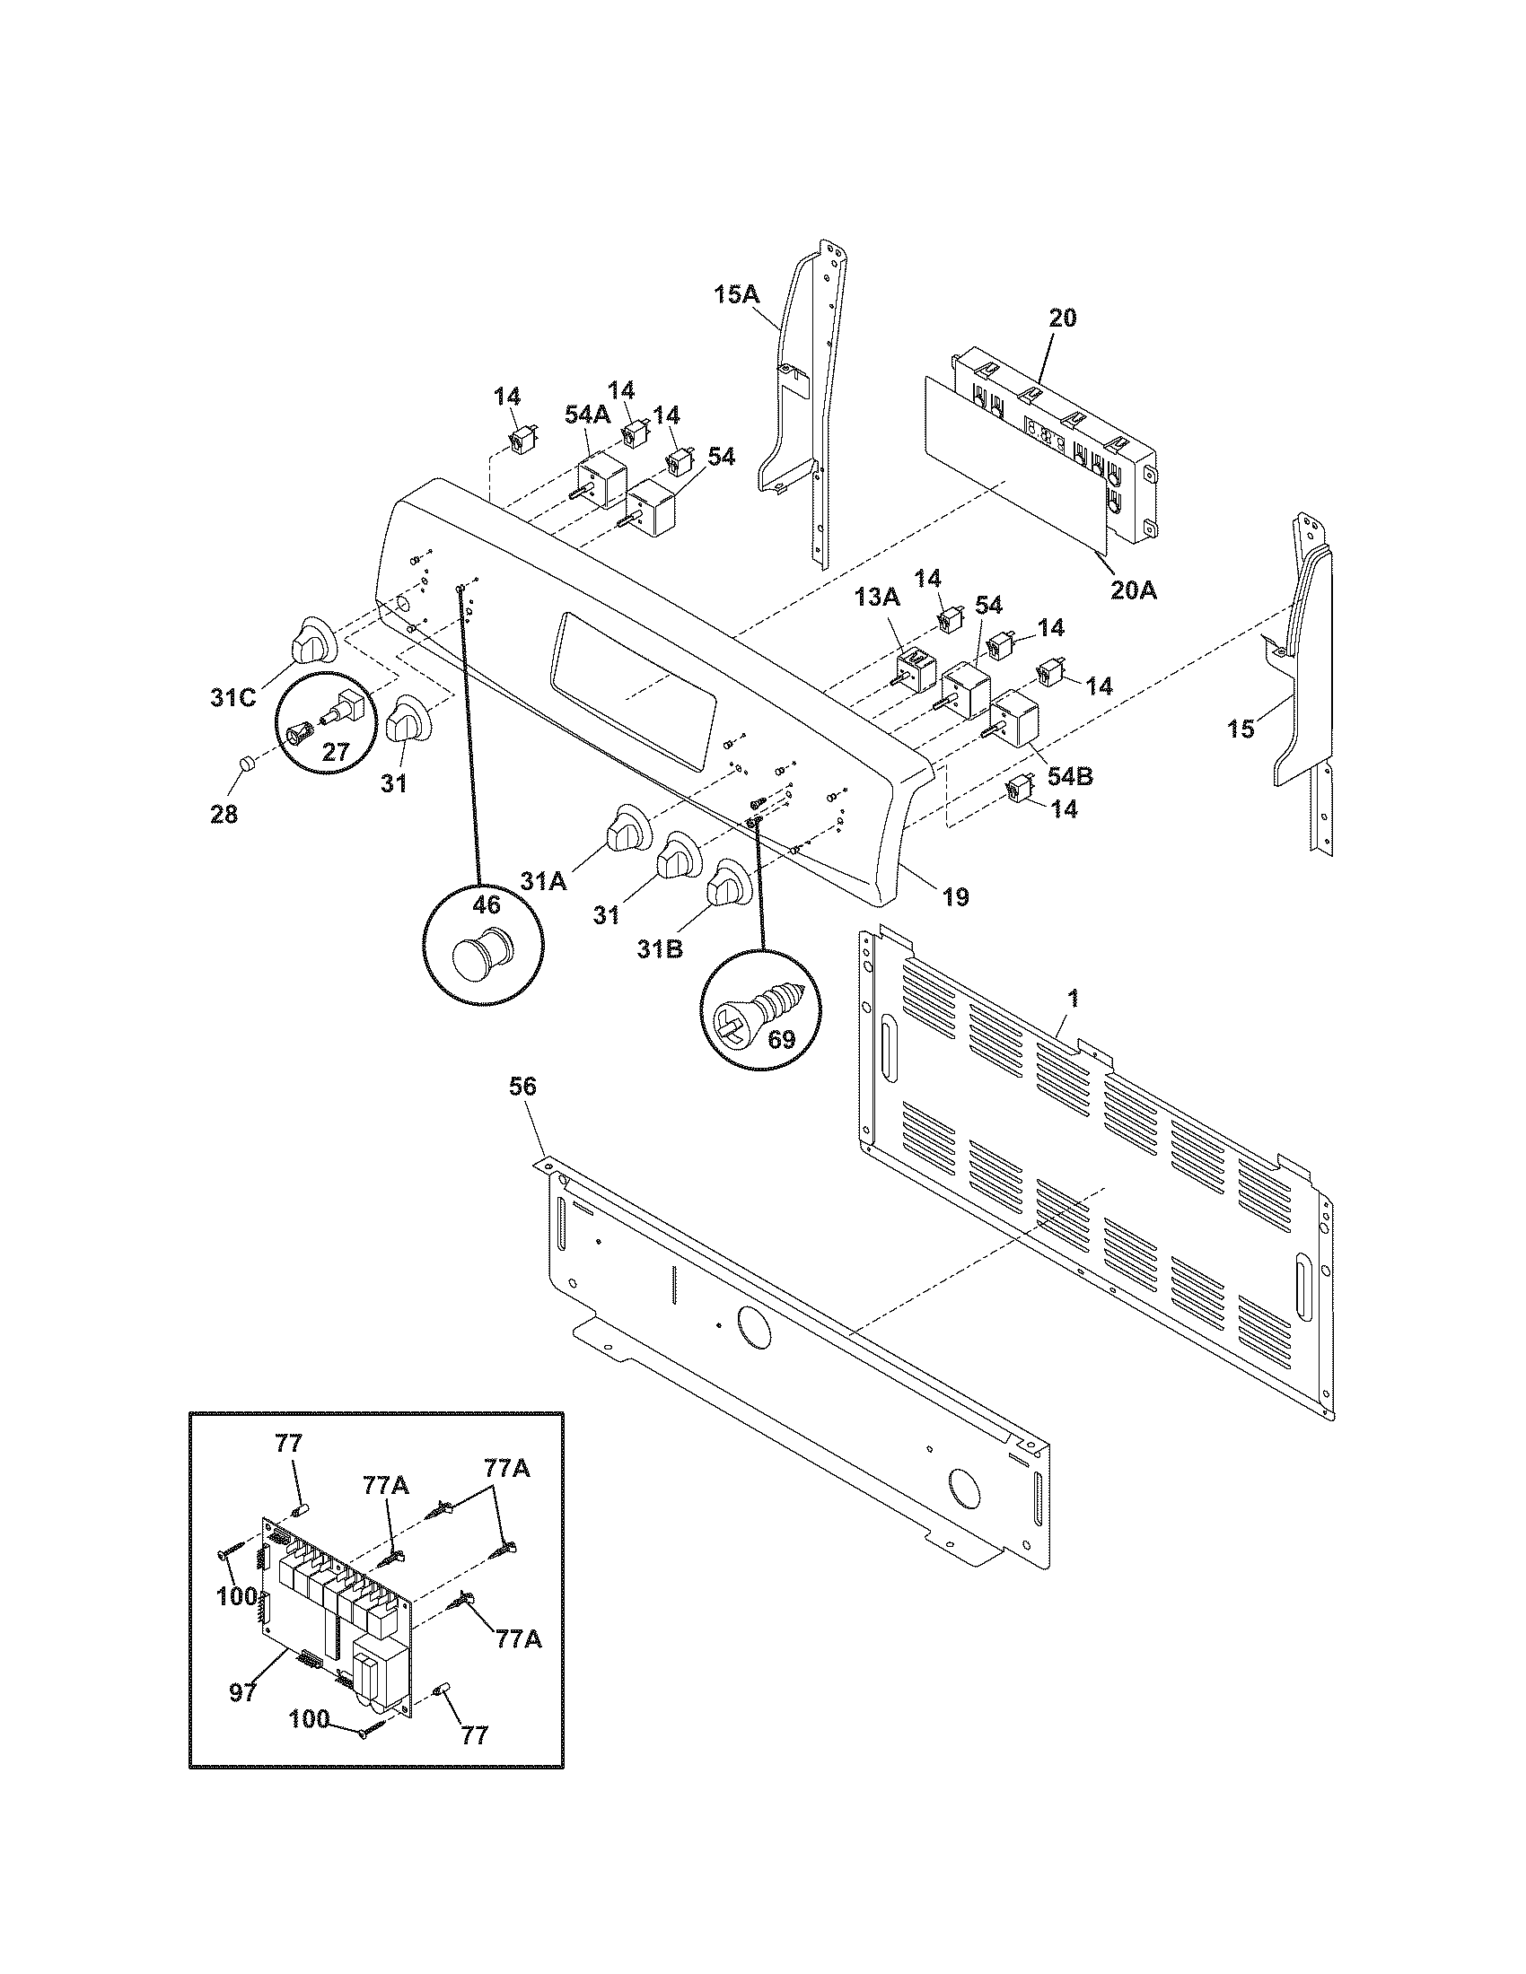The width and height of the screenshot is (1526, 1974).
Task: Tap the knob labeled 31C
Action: pyautogui.click(x=311, y=641)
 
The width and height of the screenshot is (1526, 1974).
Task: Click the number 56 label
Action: pyautogui.click(x=522, y=1087)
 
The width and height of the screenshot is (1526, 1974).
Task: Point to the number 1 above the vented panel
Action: pyautogui.click(x=1072, y=998)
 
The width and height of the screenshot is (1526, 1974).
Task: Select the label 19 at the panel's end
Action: pyautogui.click(x=956, y=896)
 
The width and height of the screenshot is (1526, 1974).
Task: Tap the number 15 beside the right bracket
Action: pyautogui.click(x=1241, y=729)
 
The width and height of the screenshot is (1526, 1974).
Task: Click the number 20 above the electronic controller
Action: pyautogui.click(x=1063, y=319)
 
